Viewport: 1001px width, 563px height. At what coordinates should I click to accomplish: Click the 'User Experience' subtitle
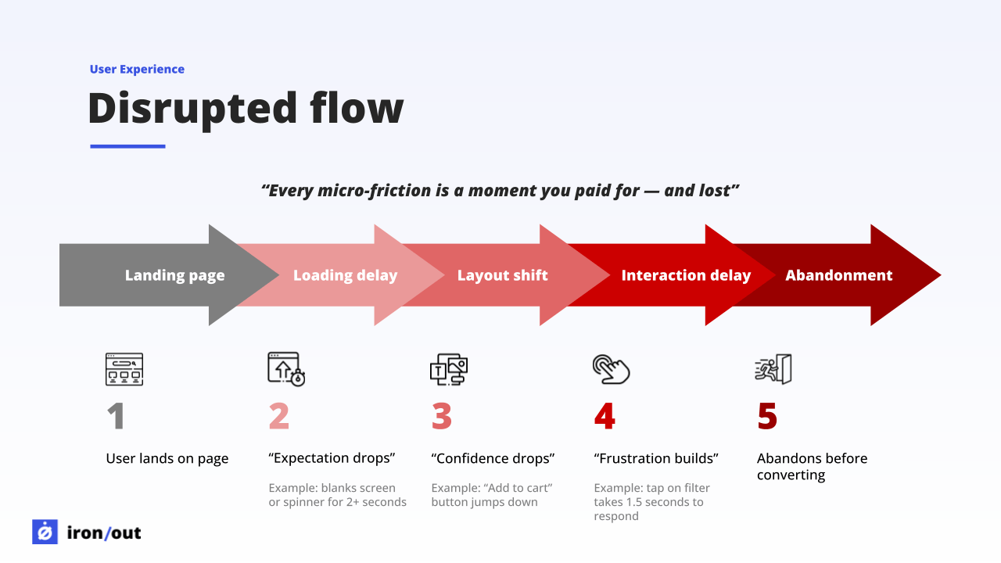(137, 69)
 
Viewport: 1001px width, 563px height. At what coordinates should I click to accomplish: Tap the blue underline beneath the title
(127, 145)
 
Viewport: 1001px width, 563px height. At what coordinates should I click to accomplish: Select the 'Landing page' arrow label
(174, 275)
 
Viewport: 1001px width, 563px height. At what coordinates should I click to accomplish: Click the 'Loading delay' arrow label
(345, 275)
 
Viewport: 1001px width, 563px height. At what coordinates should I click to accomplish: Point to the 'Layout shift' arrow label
(502, 275)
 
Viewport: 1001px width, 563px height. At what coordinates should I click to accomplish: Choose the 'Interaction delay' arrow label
(686, 275)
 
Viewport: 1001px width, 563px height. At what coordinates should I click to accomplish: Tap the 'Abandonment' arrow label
(838, 275)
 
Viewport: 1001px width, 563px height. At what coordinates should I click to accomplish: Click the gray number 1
(116, 417)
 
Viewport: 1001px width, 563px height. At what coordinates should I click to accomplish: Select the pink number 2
(279, 417)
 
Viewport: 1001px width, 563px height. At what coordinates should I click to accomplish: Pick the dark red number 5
(767, 417)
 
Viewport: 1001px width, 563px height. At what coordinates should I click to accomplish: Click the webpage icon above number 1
(124, 369)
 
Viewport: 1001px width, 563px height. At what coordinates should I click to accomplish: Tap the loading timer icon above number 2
(286, 369)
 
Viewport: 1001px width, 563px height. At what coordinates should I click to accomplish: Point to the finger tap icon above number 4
(611, 369)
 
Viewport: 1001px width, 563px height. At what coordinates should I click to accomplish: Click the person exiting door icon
(773, 369)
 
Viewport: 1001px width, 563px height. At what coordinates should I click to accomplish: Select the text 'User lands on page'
(167, 458)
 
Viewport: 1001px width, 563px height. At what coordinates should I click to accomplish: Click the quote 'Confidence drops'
(493, 458)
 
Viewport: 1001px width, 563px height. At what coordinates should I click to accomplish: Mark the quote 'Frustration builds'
(655, 458)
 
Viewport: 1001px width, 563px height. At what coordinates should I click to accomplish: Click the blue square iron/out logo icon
(45, 532)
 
